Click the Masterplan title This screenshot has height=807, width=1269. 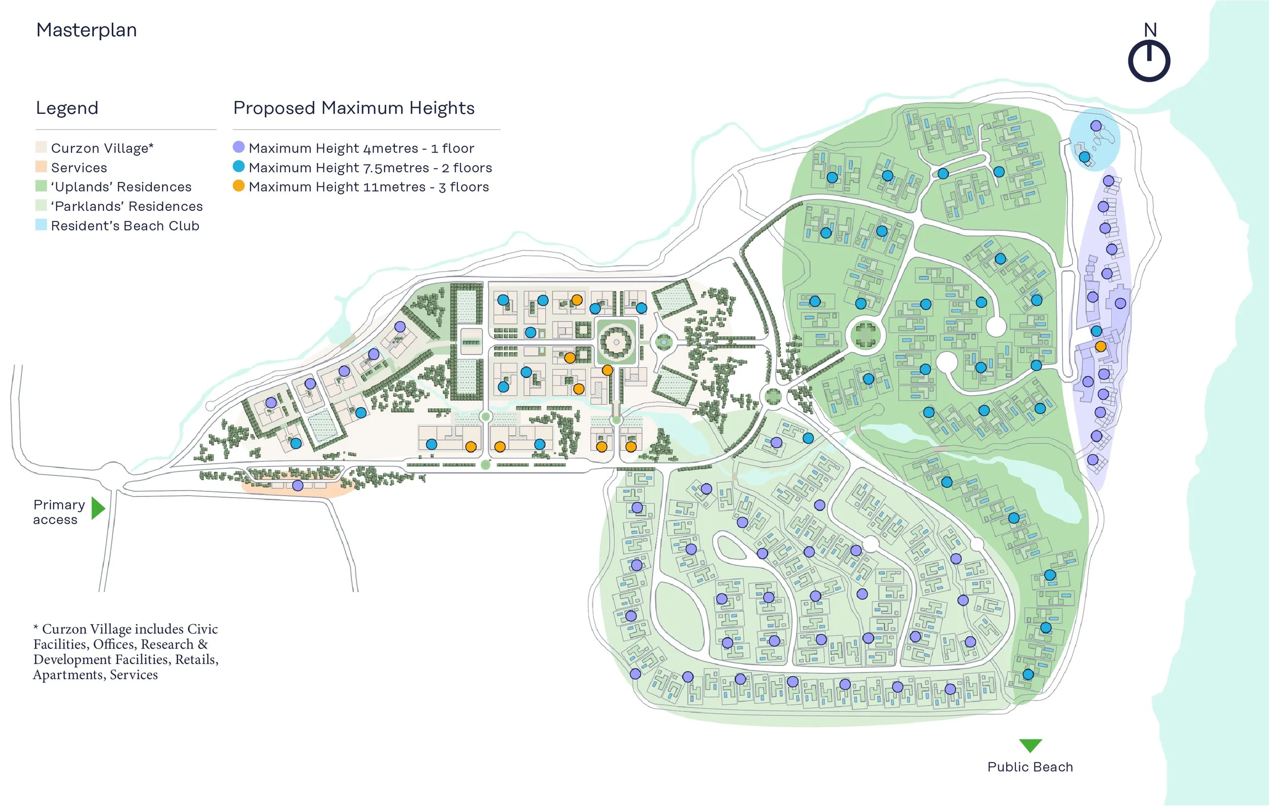86,30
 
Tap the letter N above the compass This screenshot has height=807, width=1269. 1150,30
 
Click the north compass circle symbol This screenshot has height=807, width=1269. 1149,61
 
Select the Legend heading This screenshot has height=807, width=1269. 67,108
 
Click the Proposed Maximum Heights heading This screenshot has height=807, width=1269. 354,108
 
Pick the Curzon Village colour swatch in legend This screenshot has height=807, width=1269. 41,147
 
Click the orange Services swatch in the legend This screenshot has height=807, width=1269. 41,167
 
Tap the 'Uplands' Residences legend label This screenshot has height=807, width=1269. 121,186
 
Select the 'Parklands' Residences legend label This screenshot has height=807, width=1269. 126,206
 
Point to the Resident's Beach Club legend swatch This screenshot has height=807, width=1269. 41,225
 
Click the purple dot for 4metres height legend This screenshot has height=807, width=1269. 239,147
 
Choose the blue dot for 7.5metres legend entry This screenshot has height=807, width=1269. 239,167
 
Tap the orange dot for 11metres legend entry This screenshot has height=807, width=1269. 239,186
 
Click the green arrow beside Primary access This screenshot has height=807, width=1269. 98,508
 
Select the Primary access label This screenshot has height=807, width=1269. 58,512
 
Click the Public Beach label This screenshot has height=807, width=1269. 1030,767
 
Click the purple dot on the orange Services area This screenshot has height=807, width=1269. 298,486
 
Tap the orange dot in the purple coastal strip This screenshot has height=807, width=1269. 1100,346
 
